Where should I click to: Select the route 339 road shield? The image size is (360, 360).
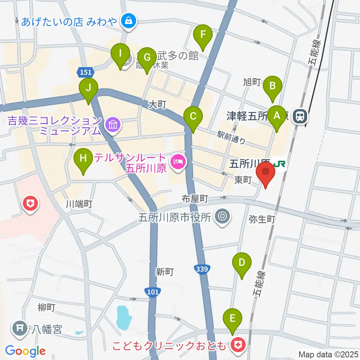pos(202,269)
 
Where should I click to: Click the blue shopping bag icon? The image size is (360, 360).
pos(129,21)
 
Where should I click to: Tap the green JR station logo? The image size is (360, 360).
pos(279,164)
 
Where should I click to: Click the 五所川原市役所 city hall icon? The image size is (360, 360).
pos(222,216)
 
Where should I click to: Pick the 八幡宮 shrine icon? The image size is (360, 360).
pos(19,328)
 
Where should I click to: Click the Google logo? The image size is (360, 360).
pos(25,351)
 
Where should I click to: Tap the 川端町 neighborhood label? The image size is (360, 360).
pos(79,204)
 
